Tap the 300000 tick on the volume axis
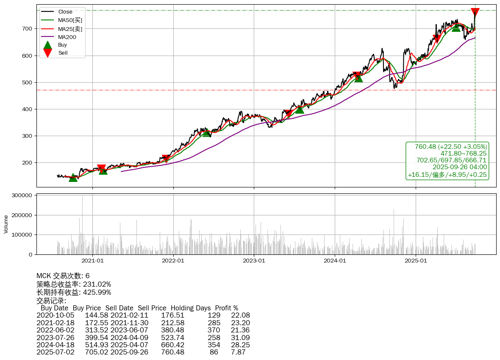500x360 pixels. coord(22,195)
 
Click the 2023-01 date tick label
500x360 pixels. coord(254,261)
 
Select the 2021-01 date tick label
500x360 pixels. coord(92,261)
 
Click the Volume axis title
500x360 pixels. coord(6,224)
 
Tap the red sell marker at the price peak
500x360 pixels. coord(475,12)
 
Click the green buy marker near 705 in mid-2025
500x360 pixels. coord(456,27)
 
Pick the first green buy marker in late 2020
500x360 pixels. coord(73,178)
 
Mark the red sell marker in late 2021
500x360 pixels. coord(166,159)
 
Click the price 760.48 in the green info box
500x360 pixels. coord(425,147)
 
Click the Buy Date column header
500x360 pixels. coord(54,308)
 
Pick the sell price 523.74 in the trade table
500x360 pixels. coord(172,338)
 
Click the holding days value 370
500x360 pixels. coord(214,330)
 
